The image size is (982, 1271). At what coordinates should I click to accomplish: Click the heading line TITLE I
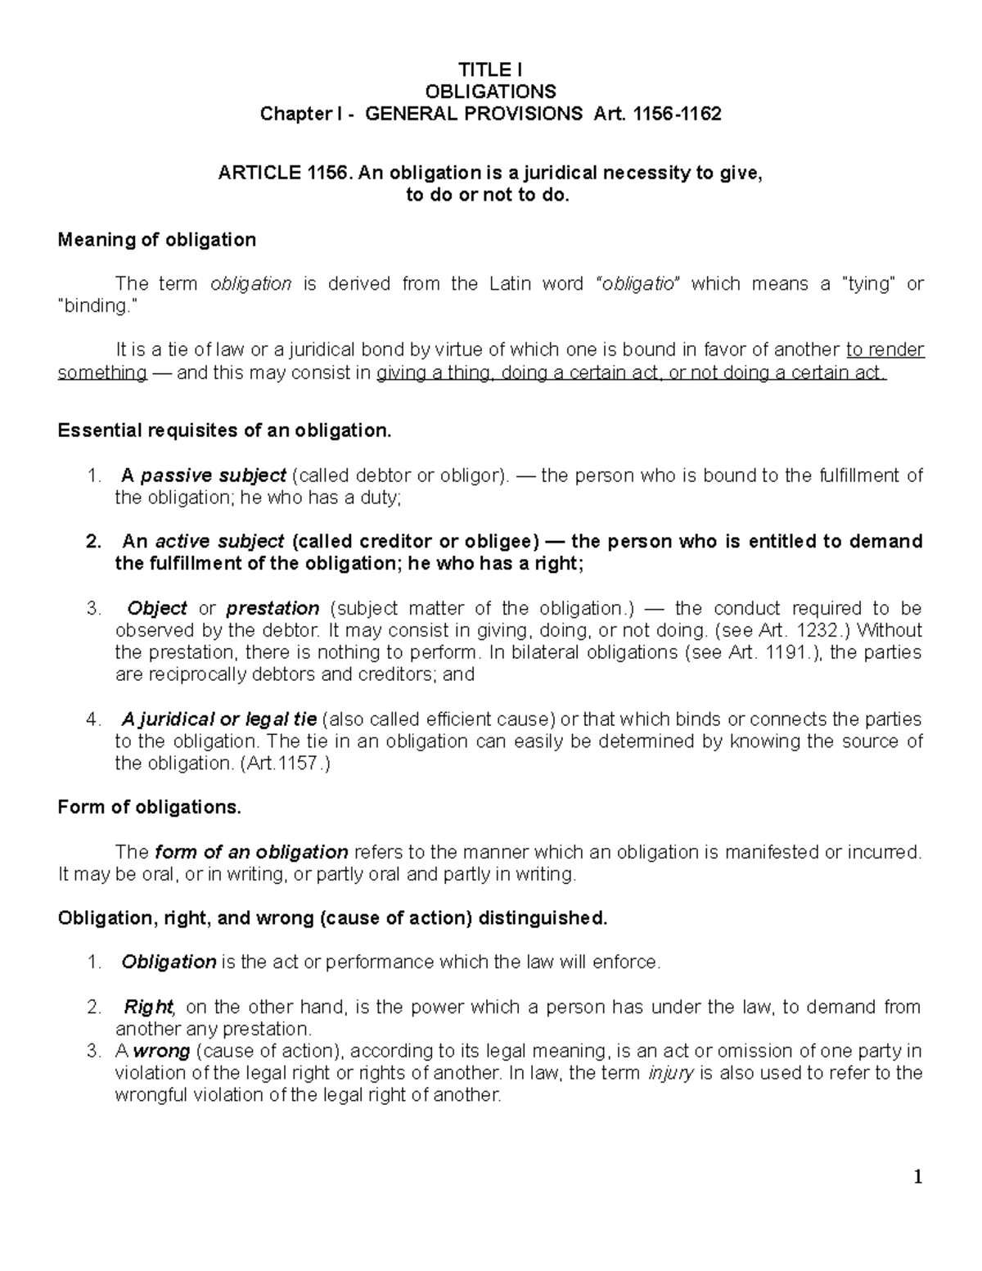(x=490, y=70)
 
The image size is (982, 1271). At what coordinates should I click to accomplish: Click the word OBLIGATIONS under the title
(x=490, y=91)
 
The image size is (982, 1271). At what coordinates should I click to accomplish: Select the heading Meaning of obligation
(x=156, y=240)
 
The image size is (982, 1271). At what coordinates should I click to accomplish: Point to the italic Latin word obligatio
(x=638, y=284)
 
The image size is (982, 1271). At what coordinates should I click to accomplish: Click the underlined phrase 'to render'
(x=885, y=350)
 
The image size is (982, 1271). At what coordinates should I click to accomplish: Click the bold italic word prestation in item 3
(x=273, y=609)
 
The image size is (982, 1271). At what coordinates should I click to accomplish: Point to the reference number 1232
(x=821, y=631)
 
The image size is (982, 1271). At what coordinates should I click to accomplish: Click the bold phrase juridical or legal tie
(x=219, y=719)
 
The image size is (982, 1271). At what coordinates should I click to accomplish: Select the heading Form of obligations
(x=150, y=808)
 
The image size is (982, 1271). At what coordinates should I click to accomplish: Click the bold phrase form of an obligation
(x=251, y=852)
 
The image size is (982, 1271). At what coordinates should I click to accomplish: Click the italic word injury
(x=670, y=1073)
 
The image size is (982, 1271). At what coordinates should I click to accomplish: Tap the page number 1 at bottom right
(x=918, y=1178)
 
